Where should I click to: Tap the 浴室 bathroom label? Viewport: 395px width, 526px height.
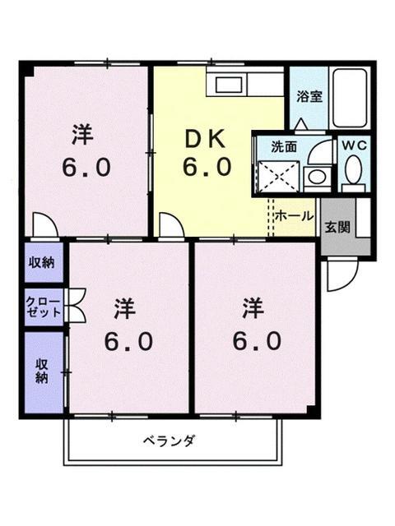click(309, 95)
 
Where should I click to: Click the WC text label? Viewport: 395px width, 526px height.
click(355, 145)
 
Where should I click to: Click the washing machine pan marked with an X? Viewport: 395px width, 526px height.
click(277, 174)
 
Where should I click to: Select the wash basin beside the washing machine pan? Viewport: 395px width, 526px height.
click(314, 175)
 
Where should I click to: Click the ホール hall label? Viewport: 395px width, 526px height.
click(293, 216)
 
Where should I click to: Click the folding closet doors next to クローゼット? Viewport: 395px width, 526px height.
click(77, 307)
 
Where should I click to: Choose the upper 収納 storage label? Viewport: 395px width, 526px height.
click(42, 263)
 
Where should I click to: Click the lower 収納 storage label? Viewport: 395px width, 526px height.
click(41, 371)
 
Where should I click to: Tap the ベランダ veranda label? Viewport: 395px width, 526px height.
click(172, 441)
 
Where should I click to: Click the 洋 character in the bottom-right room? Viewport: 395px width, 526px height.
click(253, 308)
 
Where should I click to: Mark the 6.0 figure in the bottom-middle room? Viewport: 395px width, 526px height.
click(128, 341)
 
